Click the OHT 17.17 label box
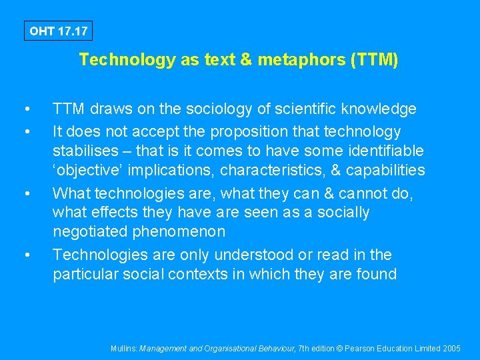click(57, 31)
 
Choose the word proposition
click(255, 131)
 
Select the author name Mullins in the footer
click(124, 349)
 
